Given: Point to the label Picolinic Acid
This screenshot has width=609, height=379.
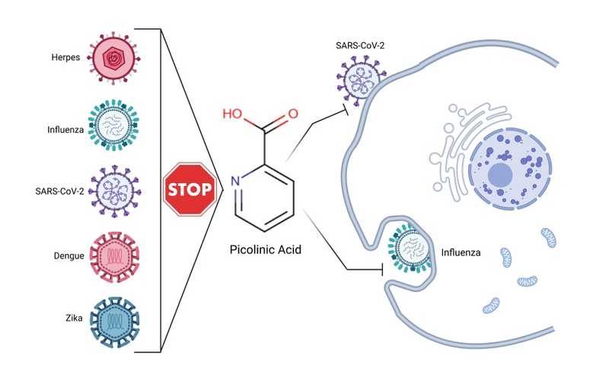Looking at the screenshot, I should [264, 249].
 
